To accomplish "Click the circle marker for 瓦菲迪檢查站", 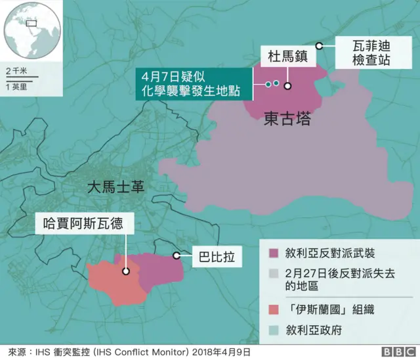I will point(319,45).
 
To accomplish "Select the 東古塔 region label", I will point(287,120).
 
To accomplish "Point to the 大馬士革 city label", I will point(115,187).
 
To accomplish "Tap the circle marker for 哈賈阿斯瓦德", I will point(125,270).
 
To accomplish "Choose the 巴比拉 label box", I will point(211,254).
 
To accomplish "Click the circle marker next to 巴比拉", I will point(176,255).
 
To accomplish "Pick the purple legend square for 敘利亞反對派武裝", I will point(274,253).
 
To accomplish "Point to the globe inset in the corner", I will point(31,30).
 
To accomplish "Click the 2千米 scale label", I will point(16,70).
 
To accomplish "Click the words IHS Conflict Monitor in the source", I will point(153,352).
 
